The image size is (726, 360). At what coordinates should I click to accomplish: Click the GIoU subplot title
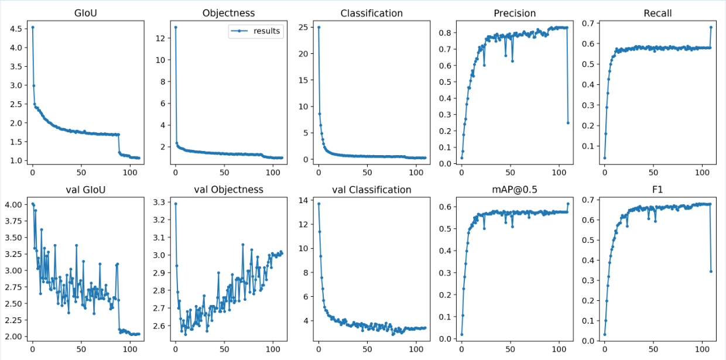coord(85,13)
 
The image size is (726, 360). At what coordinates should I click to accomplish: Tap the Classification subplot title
coord(371,13)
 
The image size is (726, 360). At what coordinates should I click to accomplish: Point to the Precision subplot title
coord(515,13)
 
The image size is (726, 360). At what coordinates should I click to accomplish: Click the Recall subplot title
coord(657,13)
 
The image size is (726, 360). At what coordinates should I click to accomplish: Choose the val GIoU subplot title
coord(85,190)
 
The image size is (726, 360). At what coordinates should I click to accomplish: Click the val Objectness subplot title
coord(228,190)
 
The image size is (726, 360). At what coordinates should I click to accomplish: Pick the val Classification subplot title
coord(371,190)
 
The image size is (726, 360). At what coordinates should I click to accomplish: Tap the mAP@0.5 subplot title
coord(515,190)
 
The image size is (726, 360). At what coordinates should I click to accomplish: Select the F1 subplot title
coord(657,190)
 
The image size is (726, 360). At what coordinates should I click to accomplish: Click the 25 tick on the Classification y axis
coord(303,27)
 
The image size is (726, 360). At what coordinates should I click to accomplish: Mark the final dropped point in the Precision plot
coord(568,123)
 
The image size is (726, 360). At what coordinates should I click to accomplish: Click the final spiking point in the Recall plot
coord(711,27)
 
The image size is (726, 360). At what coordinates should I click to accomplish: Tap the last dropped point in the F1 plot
coord(711,271)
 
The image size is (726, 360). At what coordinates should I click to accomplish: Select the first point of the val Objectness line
coord(176,204)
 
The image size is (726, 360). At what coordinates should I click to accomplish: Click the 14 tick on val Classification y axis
coord(303,200)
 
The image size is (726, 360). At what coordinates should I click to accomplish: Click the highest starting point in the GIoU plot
coord(32,27)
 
